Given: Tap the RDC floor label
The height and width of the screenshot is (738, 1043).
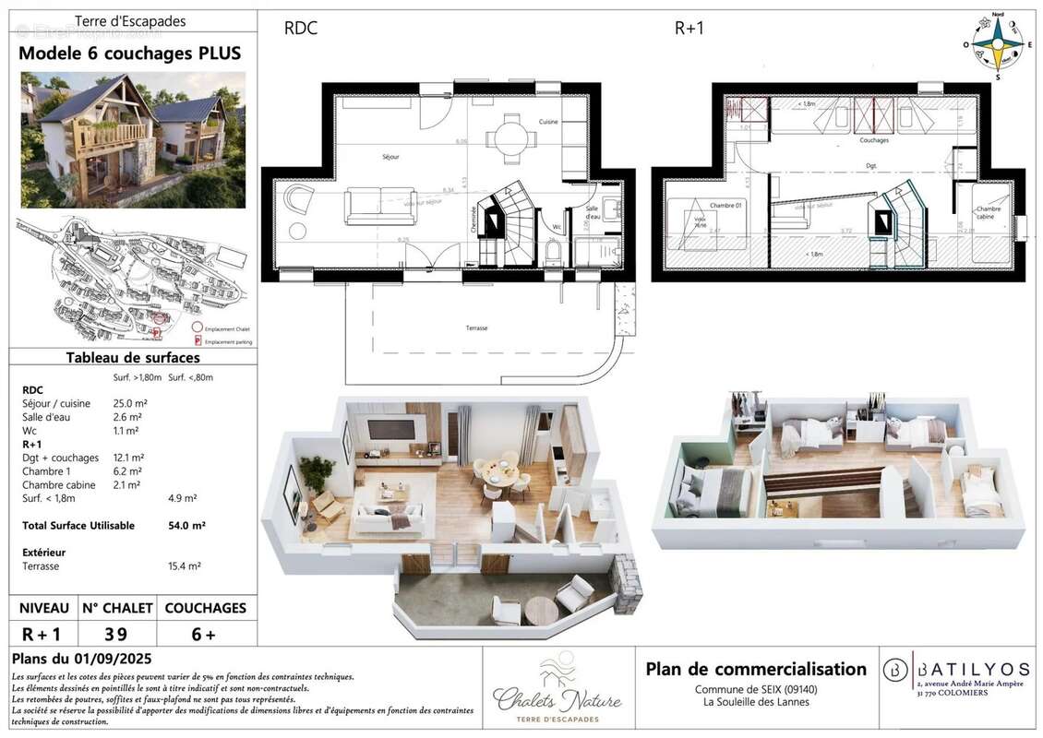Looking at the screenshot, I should (300, 29).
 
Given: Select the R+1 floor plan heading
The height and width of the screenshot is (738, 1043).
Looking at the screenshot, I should (689, 29).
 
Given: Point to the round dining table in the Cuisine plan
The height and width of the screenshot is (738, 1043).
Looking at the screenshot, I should (511, 139).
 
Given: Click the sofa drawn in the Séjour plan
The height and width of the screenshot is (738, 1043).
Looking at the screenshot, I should (380, 206).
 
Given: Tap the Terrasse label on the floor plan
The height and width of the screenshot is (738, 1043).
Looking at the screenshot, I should (476, 327).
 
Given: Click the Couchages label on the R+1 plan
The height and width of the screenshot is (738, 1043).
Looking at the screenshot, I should (873, 141).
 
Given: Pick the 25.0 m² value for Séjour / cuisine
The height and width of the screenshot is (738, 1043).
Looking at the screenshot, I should (129, 404).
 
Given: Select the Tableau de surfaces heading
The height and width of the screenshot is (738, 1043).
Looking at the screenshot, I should (133, 358).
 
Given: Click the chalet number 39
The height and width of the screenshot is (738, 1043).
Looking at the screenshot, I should (115, 634).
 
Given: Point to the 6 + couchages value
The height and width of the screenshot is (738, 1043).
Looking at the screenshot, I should (205, 634).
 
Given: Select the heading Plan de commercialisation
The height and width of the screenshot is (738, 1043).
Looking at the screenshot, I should (755, 669).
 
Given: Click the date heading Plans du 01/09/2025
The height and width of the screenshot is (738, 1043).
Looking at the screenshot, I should (82, 660).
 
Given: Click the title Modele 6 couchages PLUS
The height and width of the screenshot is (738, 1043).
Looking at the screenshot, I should (130, 54).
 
